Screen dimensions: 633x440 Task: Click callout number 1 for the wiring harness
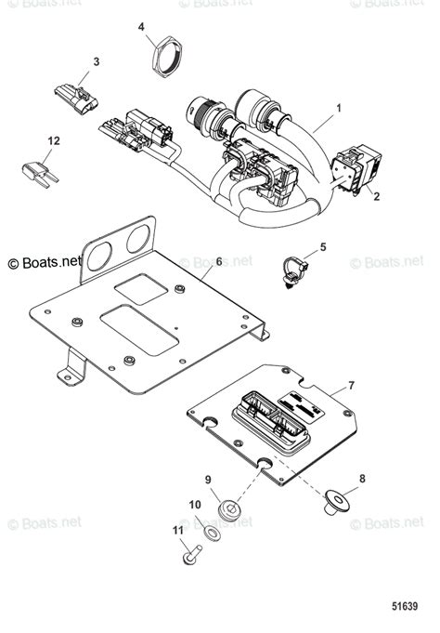(x=339, y=109)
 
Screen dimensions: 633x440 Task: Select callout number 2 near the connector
(x=377, y=197)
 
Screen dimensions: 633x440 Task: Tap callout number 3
(x=96, y=61)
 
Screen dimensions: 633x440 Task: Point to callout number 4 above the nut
(x=142, y=28)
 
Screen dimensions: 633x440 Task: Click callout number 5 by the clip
(x=323, y=246)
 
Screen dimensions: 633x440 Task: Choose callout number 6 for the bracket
(x=219, y=262)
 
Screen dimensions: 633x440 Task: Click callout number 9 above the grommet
(x=208, y=481)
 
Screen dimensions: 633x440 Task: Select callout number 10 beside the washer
(x=196, y=506)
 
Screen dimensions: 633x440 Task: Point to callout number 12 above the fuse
(x=54, y=140)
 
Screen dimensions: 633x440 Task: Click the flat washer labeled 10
(x=214, y=534)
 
